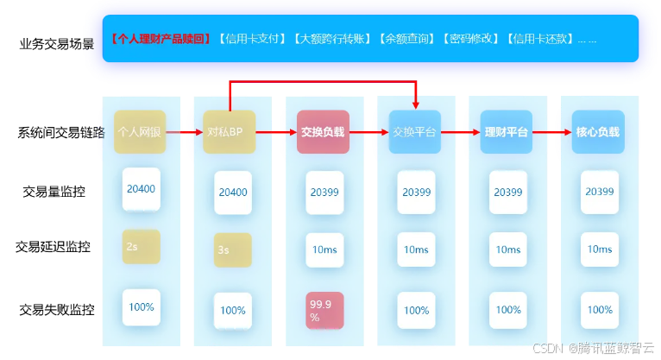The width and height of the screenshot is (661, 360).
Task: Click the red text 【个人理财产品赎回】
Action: (161, 39)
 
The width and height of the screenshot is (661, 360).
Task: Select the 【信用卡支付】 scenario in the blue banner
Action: (252, 39)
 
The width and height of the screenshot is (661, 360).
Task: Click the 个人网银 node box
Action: (139, 132)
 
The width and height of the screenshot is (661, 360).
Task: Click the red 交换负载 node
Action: (322, 132)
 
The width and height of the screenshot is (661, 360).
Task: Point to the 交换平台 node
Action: (414, 132)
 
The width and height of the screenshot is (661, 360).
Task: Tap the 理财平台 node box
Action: (506, 132)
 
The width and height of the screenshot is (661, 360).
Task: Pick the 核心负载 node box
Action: (597, 132)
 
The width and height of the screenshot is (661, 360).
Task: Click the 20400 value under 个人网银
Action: (141, 189)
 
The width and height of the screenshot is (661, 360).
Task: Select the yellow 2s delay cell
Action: (141, 246)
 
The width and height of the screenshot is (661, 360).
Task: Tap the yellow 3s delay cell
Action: (232, 249)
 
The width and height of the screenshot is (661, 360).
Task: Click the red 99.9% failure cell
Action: (324, 311)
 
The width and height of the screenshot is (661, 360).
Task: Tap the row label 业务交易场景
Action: (57, 43)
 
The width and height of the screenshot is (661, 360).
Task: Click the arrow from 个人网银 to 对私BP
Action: (184, 132)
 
